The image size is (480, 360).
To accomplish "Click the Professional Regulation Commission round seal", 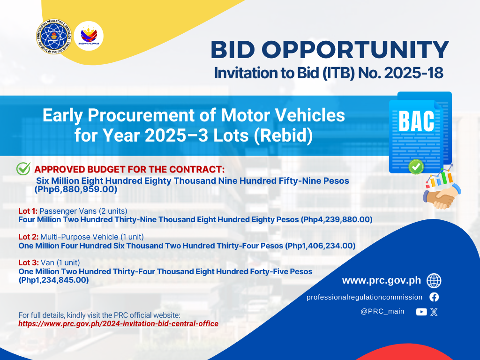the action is pyautogui.click(x=54, y=36).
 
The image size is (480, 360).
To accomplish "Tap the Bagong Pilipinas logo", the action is pyautogui.click(x=89, y=36).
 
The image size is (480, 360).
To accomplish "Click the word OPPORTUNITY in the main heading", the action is pyautogui.click(x=355, y=50).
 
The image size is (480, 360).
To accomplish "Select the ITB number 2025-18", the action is pyautogui.click(x=413, y=73).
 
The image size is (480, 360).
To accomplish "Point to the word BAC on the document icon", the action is pyautogui.click(x=416, y=121).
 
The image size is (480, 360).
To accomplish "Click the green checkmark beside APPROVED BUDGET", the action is pyautogui.click(x=23, y=168).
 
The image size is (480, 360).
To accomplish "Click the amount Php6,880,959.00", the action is pyautogui.click(x=76, y=189).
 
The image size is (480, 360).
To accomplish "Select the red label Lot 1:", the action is pyautogui.click(x=28, y=211).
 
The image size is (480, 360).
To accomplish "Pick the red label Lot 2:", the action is pyautogui.click(x=29, y=237).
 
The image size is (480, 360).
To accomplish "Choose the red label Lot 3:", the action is pyautogui.click(x=29, y=262).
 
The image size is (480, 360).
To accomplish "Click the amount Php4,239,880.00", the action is pyautogui.click(x=337, y=219).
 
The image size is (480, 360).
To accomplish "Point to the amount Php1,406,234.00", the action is pyautogui.click(x=320, y=246).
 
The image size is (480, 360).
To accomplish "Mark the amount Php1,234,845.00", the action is pyautogui.click(x=54, y=280).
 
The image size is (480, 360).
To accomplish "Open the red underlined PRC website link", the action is pyautogui.click(x=118, y=324).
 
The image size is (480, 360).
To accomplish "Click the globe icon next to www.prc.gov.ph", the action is pyautogui.click(x=434, y=281).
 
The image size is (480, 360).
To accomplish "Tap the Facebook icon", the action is pyautogui.click(x=434, y=297).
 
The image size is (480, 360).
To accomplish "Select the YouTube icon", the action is pyautogui.click(x=421, y=312).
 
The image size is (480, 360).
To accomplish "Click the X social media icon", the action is pyautogui.click(x=434, y=312).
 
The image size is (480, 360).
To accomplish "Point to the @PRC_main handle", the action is pyautogui.click(x=382, y=311).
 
